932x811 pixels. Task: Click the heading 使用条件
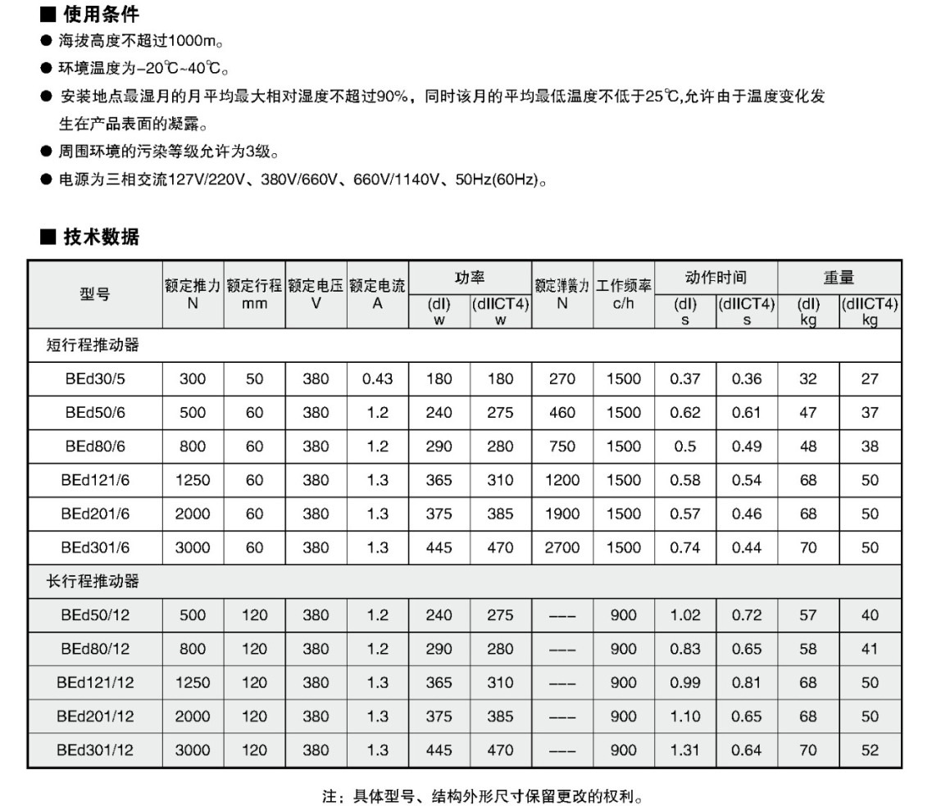click(101, 14)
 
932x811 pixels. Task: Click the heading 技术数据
click(101, 238)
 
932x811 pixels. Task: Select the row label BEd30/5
click(95, 378)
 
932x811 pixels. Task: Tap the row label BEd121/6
click(95, 480)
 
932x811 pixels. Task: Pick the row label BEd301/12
click(95, 750)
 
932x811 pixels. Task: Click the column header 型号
click(95, 295)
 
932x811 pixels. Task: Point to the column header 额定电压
click(316, 286)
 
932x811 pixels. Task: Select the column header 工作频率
click(624, 286)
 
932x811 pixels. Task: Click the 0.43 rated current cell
click(378, 378)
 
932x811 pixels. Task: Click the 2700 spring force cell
click(562, 547)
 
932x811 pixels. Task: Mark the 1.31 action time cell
click(685, 750)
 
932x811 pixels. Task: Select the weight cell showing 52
click(870, 750)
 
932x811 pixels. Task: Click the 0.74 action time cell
click(685, 547)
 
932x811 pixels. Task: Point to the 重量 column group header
click(839, 277)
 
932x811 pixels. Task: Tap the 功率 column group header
click(470, 277)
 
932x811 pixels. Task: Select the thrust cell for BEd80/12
click(193, 649)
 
